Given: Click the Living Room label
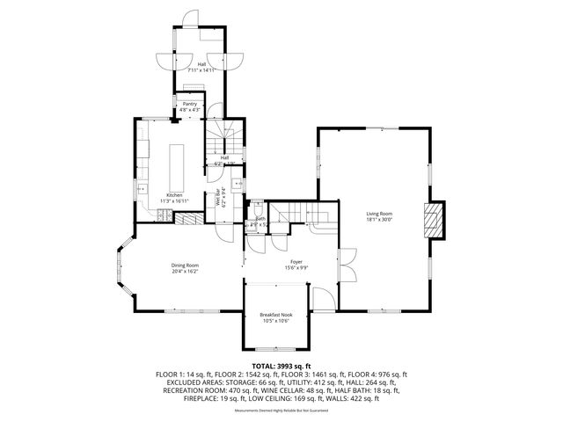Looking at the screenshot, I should (379, 214).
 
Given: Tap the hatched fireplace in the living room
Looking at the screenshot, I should (434, 221).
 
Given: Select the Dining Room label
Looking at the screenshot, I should (185, 266).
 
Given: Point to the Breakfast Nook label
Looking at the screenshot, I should (276, 314).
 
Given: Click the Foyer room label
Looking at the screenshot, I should (296, 261).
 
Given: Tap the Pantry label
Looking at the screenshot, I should (190, 104).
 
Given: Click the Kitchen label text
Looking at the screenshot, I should (175, 195).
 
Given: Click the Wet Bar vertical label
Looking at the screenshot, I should (218, 198).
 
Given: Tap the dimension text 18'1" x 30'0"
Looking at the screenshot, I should (379, 220).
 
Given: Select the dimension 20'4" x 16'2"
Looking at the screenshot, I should (185, 272).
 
